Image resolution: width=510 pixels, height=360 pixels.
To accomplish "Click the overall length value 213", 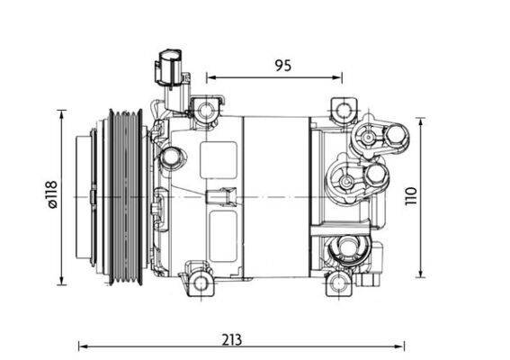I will (232, 339).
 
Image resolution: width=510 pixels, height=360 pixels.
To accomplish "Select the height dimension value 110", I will (435, 197).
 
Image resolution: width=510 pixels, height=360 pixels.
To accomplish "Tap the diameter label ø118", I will (51, 194).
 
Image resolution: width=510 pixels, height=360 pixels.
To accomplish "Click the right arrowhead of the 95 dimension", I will (339, 78).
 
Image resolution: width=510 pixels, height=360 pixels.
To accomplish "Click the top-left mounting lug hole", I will (206, 111).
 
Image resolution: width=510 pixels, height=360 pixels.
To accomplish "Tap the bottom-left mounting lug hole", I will (199, 281).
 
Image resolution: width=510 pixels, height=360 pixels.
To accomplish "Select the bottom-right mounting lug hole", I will (341, 285).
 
